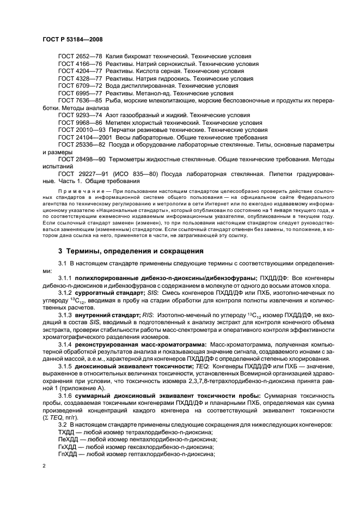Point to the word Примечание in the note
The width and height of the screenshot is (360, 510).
[76, 193]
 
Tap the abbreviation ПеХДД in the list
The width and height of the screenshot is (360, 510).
[68, 439]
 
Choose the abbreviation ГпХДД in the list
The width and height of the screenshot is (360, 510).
[68, 453]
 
